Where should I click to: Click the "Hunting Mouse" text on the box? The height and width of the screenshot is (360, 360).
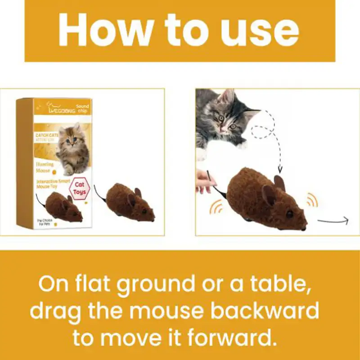click(x=45, y=167)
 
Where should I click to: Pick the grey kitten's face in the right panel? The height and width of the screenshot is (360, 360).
click(x=225, y=118)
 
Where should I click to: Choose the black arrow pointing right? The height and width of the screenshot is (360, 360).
click(x=333, y=220)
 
